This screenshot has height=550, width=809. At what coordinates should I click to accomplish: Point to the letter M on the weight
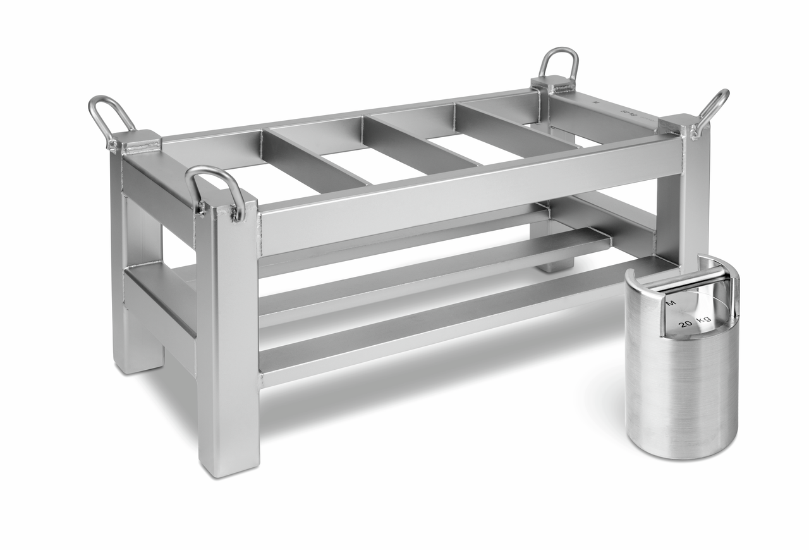671,304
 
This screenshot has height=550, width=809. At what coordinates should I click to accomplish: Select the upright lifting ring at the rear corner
559,63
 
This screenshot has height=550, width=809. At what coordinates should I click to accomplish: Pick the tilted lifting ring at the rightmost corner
712,111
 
